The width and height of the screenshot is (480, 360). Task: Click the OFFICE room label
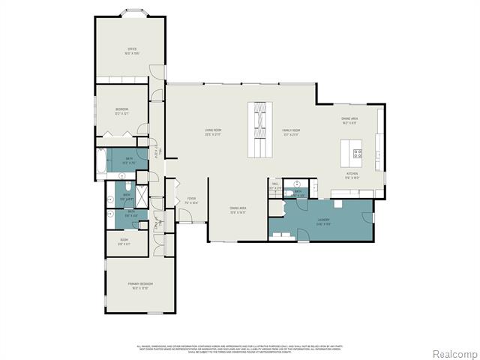(x=132, y=51)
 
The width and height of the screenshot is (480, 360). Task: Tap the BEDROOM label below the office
(x=122, y=111)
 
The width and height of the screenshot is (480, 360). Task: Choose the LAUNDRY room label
(x=323, y=222)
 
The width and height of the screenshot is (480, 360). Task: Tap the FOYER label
(x=192, y=200)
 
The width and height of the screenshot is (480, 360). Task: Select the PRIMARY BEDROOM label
(x=140, y=286)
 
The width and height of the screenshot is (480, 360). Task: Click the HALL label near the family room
(x=275, y=185)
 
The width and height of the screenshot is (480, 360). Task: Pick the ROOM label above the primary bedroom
(x=124, y=241)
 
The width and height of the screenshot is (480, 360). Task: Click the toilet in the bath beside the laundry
(x=289, y=192)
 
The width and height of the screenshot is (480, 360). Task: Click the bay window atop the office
(x=132, y=13)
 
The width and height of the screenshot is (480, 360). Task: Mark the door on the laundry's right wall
(x=368, y=217)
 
